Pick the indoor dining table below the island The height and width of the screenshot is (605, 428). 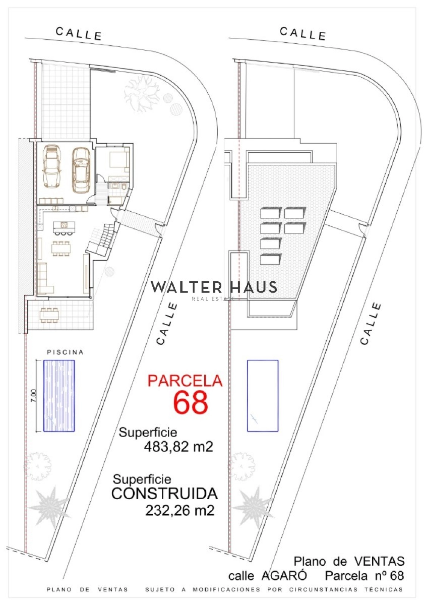[x=62, y=248]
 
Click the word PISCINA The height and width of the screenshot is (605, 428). [x=65, y=352]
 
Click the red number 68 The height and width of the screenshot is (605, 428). [x=191, y=402]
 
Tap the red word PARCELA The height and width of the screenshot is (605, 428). [x=185, y=381]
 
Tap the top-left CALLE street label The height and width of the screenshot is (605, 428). [x=79, y=34]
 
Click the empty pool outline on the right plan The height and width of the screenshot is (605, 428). [x=263, y=396]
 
